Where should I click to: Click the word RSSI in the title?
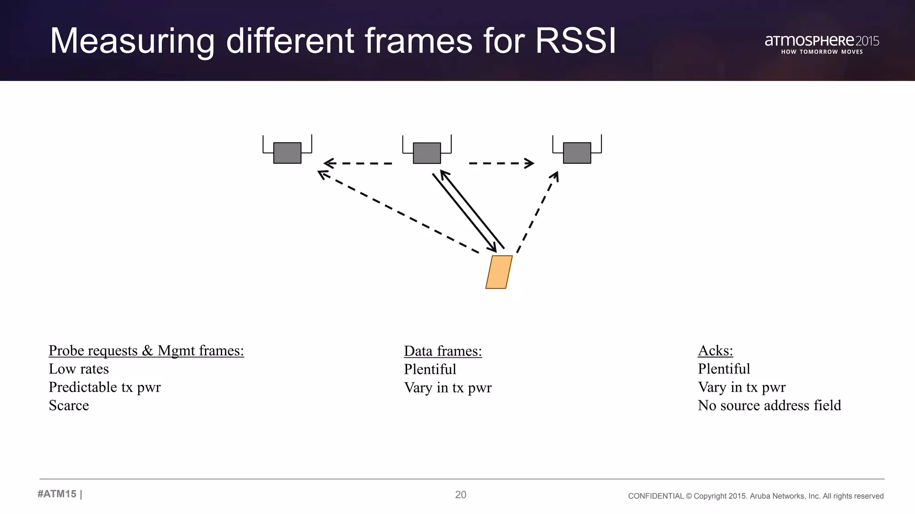pyautogui.click(x=575, y=41)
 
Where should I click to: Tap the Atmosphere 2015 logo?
pyautogui.click(x=822, y=44)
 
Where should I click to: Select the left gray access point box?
pyautogui.click(x=287, y=153)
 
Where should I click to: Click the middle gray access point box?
pyautogui.click(x=427, y=153)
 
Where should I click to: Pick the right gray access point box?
pyautogui.click(x=577, y=153)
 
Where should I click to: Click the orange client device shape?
pyautogui.click(x=499, y=272)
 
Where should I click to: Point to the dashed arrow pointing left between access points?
pyautogui.click(x=357, y=163)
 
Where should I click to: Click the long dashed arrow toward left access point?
pyautogui.click(x=398, y=212)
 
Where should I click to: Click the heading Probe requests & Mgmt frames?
pyautogui.click(x=146, y=351)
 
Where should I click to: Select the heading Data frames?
pyautogui.click(x=443, y=351)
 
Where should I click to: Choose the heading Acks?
pyautogui.click(x=715, y=351)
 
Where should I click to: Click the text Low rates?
pyautogui.click(x=79, y=369)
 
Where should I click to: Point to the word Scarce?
pyautogui.click(x=69, y=406)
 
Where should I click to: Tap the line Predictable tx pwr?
pyautogui.click(x=105, y=387)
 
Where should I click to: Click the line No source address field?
pyautogui.click(x=769, y=406)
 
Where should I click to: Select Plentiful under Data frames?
pyautogui.click(x=430, y=369)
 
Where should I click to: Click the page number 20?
pyautogui.click(x=461, y=494)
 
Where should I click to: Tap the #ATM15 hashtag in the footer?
pyautogui.click(x=57, y=494)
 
